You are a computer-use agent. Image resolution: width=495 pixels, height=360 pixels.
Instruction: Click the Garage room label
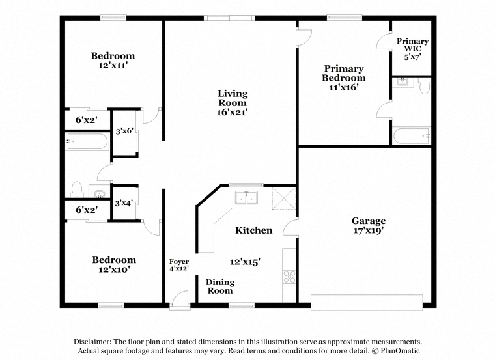369,221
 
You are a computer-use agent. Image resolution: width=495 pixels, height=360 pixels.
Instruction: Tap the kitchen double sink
246,197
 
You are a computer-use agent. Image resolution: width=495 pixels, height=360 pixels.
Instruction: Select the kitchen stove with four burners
289,277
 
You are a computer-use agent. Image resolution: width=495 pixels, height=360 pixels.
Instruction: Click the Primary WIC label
412,45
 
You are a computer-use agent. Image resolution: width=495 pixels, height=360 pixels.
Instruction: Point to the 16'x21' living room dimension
233,112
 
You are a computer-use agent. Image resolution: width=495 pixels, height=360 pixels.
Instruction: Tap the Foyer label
179,262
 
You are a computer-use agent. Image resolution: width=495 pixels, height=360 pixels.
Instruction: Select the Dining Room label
220,286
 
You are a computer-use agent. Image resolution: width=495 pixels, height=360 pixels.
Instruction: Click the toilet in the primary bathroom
424,86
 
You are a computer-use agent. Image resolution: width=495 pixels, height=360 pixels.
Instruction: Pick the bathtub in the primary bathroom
412,136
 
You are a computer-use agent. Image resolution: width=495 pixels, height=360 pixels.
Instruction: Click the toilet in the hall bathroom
76,189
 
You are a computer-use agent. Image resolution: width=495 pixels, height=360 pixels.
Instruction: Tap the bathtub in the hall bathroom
87,141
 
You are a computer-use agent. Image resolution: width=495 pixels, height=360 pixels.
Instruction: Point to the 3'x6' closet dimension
124,131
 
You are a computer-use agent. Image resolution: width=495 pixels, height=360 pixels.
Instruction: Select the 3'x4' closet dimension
124,203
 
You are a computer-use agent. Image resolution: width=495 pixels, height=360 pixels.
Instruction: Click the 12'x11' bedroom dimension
113,65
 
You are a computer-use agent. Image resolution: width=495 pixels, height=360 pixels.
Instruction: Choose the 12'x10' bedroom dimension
114,270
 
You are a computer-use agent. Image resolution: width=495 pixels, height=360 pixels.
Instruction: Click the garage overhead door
367,302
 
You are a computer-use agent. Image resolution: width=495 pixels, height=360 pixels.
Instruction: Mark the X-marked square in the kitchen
284,198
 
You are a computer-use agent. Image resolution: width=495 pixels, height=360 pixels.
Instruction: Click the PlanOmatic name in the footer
400,350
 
